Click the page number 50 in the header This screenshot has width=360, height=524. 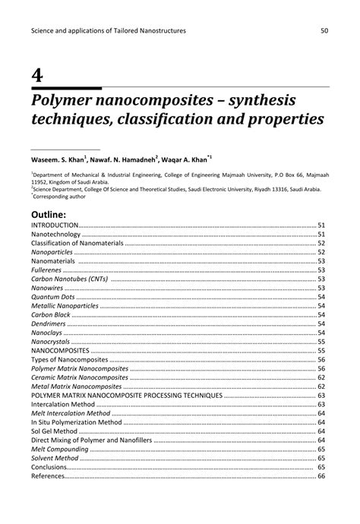pyautogui.click(x=324, y=30)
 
